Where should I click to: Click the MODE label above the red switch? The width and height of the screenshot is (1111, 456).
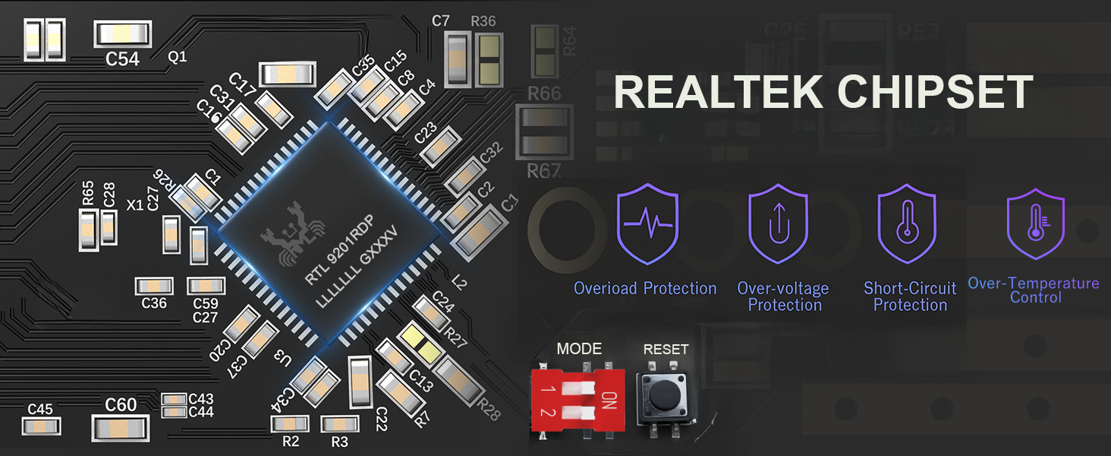coord(579,349)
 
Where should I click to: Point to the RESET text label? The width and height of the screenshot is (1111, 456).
coord(666,350)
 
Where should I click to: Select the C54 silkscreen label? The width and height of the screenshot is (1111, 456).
coord(122,59)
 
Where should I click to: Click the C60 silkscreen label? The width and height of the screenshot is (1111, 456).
coord(121,404)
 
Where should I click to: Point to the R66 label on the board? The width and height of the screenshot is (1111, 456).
coord(543,94)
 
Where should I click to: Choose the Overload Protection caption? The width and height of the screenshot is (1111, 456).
coord(645,289)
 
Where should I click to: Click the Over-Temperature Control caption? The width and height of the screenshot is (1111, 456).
coord(1034,290)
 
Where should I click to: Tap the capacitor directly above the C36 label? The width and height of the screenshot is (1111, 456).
coord(155,287)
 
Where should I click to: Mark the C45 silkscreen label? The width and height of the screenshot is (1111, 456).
coord(40,410)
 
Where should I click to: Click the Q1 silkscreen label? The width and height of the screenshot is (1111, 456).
coord(177,58)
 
